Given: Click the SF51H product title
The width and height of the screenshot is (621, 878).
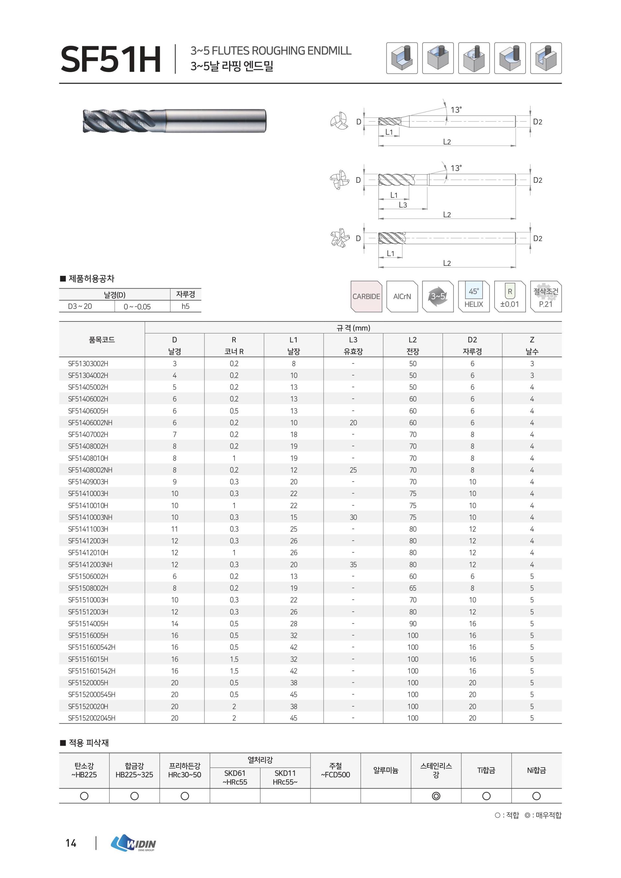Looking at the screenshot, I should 111,59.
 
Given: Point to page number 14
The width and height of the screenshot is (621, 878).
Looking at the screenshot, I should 71,843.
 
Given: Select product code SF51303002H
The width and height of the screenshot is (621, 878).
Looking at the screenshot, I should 88,364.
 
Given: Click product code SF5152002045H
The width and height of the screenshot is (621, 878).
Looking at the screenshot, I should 92,718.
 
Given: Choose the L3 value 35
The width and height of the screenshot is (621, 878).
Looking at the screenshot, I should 353,564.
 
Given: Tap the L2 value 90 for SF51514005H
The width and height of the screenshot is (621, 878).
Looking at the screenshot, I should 413,624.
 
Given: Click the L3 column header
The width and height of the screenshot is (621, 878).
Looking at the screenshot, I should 353,345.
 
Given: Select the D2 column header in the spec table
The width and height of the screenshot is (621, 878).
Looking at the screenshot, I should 472,345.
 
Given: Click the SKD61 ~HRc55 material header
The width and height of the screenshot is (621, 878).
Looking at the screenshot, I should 235,777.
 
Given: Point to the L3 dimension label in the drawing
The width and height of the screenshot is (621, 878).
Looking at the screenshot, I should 403,205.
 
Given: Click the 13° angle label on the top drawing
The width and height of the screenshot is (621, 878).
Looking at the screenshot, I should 456,110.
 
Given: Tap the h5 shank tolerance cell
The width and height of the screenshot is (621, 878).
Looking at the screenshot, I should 185,306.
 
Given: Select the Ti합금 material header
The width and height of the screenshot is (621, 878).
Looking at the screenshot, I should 486,770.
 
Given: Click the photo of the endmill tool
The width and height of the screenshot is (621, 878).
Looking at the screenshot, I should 174,121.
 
